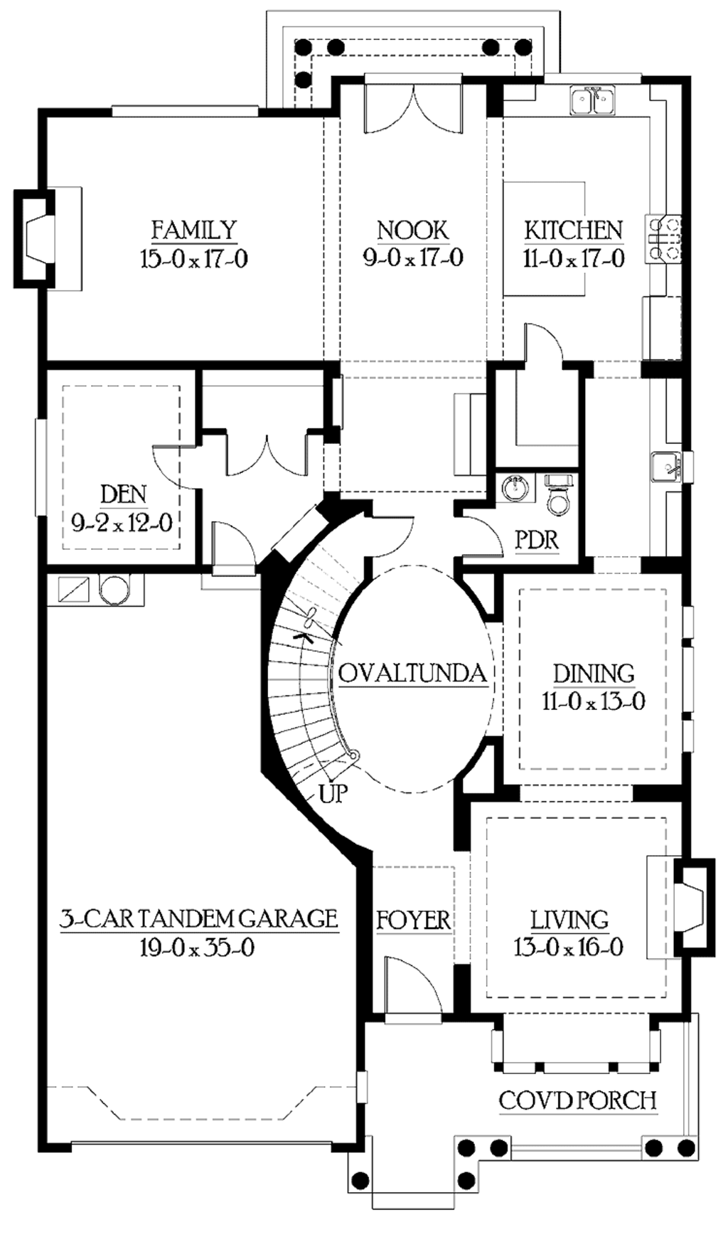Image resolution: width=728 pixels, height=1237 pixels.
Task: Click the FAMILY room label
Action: (193, 230)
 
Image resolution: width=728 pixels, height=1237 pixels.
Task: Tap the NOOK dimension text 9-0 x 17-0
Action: (413, 258)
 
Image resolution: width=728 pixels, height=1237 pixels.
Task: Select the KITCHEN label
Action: (574, 230)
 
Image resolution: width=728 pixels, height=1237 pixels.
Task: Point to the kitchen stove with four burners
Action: (663, 238)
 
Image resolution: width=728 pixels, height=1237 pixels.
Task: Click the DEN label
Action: (124, 494)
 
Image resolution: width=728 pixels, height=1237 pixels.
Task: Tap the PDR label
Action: (537, 540)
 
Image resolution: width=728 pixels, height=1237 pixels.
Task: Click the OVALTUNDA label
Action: (413, 673)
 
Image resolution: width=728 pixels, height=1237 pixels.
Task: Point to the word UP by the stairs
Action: (333, 793)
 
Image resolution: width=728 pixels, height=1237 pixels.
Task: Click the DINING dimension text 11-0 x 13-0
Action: (594, 702)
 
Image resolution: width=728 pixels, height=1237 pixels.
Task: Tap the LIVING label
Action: (569, 920)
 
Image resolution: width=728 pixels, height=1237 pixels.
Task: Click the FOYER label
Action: (413, 920)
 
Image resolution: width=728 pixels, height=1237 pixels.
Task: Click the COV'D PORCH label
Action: (577, 1100)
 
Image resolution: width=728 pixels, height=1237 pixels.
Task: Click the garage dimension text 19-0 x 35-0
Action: (197, 947)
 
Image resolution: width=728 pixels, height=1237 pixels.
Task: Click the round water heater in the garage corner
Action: (112, 590)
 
